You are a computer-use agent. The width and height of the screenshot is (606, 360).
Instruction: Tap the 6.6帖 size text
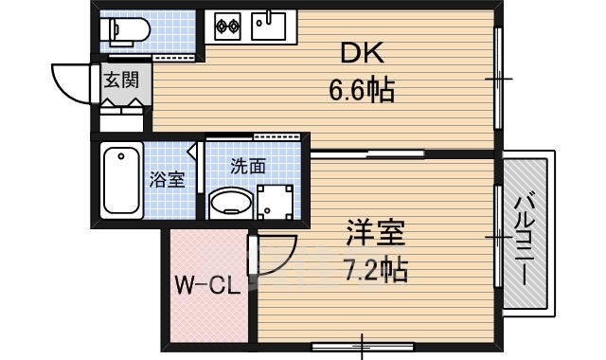[x=361, y=92]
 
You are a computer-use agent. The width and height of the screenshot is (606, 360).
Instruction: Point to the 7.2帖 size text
[x=375, y=272]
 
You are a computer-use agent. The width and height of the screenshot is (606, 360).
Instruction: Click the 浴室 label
[x=167, y=180]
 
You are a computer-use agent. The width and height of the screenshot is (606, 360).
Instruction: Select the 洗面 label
[x=248, y=165]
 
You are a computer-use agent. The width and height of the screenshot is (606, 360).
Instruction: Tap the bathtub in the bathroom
[x=121, y=179]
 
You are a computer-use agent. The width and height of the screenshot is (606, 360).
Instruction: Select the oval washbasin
[x=228, y=202]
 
